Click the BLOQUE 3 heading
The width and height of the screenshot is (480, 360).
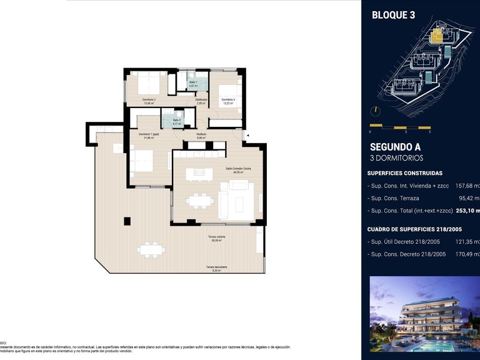tap(393, 15)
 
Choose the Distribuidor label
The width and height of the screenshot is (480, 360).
tap(201, 101)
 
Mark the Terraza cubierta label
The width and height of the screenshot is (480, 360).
tap(217, 238)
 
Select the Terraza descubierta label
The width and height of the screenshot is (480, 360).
tap(217, 268)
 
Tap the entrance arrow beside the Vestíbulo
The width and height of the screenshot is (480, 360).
tap(247, 134)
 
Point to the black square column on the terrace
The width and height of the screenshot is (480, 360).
tap(127, 221)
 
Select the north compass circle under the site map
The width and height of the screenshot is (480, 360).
tap(374, 112)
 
